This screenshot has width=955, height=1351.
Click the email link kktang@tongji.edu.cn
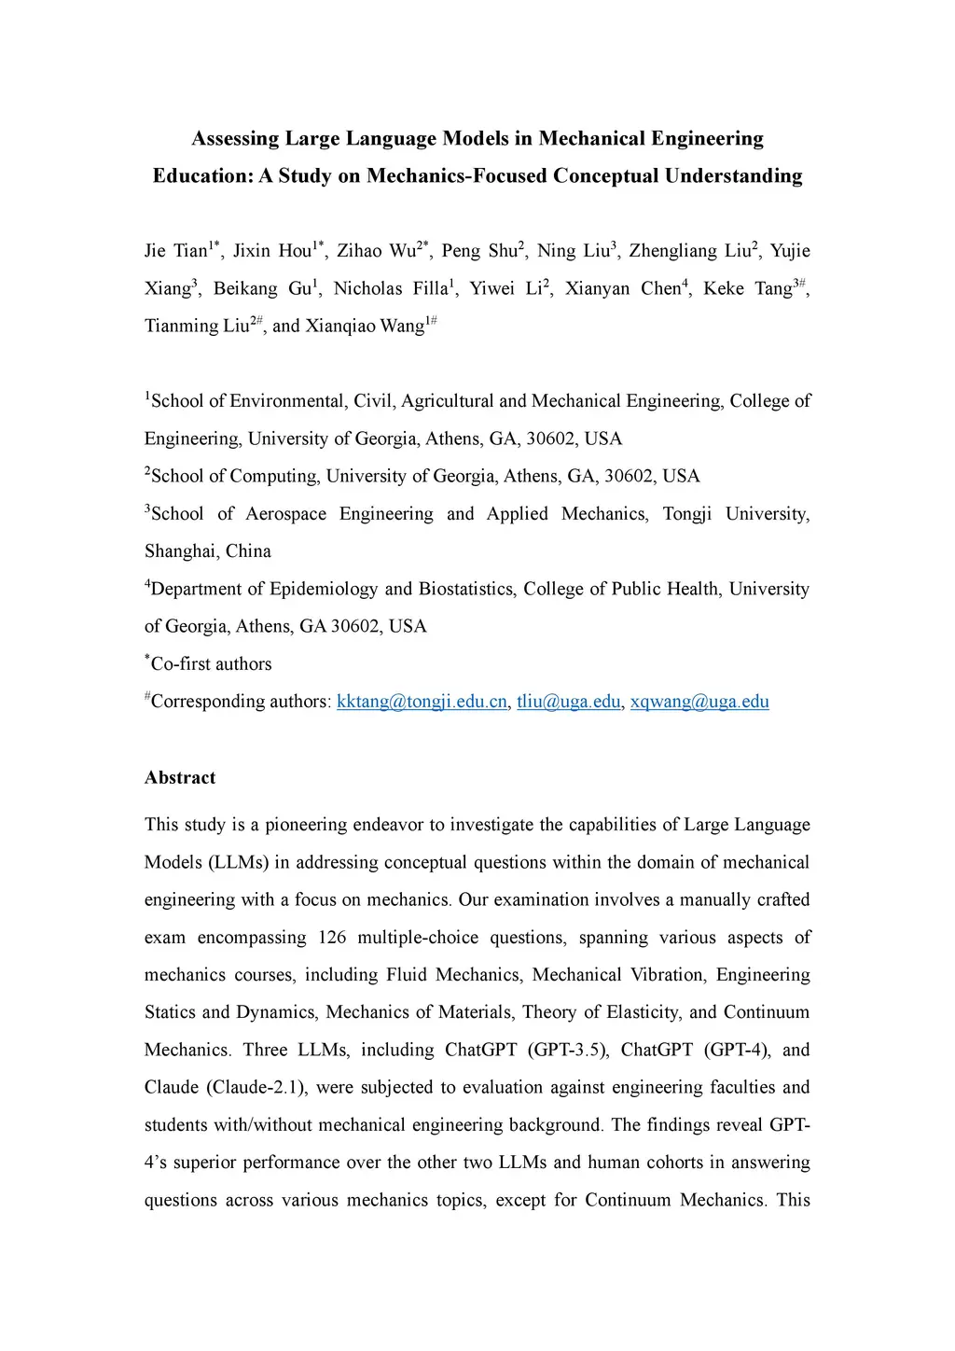pos(422,702)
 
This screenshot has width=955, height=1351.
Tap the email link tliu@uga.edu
pos(568,702)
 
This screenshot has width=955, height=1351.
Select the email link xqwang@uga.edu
pos(699,702)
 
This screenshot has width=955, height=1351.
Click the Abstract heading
pos(180,778)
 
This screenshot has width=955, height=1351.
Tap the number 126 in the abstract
pos(332,938)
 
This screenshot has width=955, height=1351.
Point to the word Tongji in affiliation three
pos(687,514)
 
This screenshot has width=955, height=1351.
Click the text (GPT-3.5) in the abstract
pos(568,1050)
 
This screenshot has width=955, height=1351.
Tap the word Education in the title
pos(201,176)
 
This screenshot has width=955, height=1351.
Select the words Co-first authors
pos(211,664)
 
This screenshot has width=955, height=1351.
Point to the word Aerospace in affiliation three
pos(285,514)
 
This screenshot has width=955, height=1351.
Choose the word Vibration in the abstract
pos(667,975)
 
